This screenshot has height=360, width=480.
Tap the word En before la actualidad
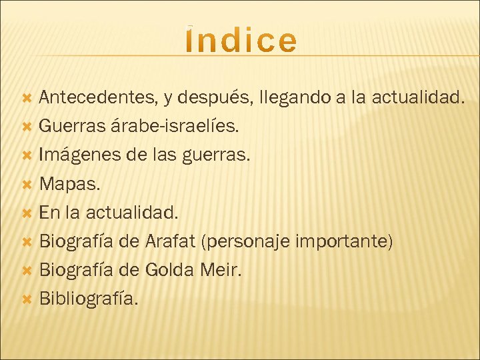[x=50, y=213]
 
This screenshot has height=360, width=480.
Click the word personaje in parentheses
[x=249, y=241]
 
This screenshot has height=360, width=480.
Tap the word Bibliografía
[x=89, y=299]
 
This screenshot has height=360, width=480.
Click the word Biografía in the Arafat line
[x=77, y=241]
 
